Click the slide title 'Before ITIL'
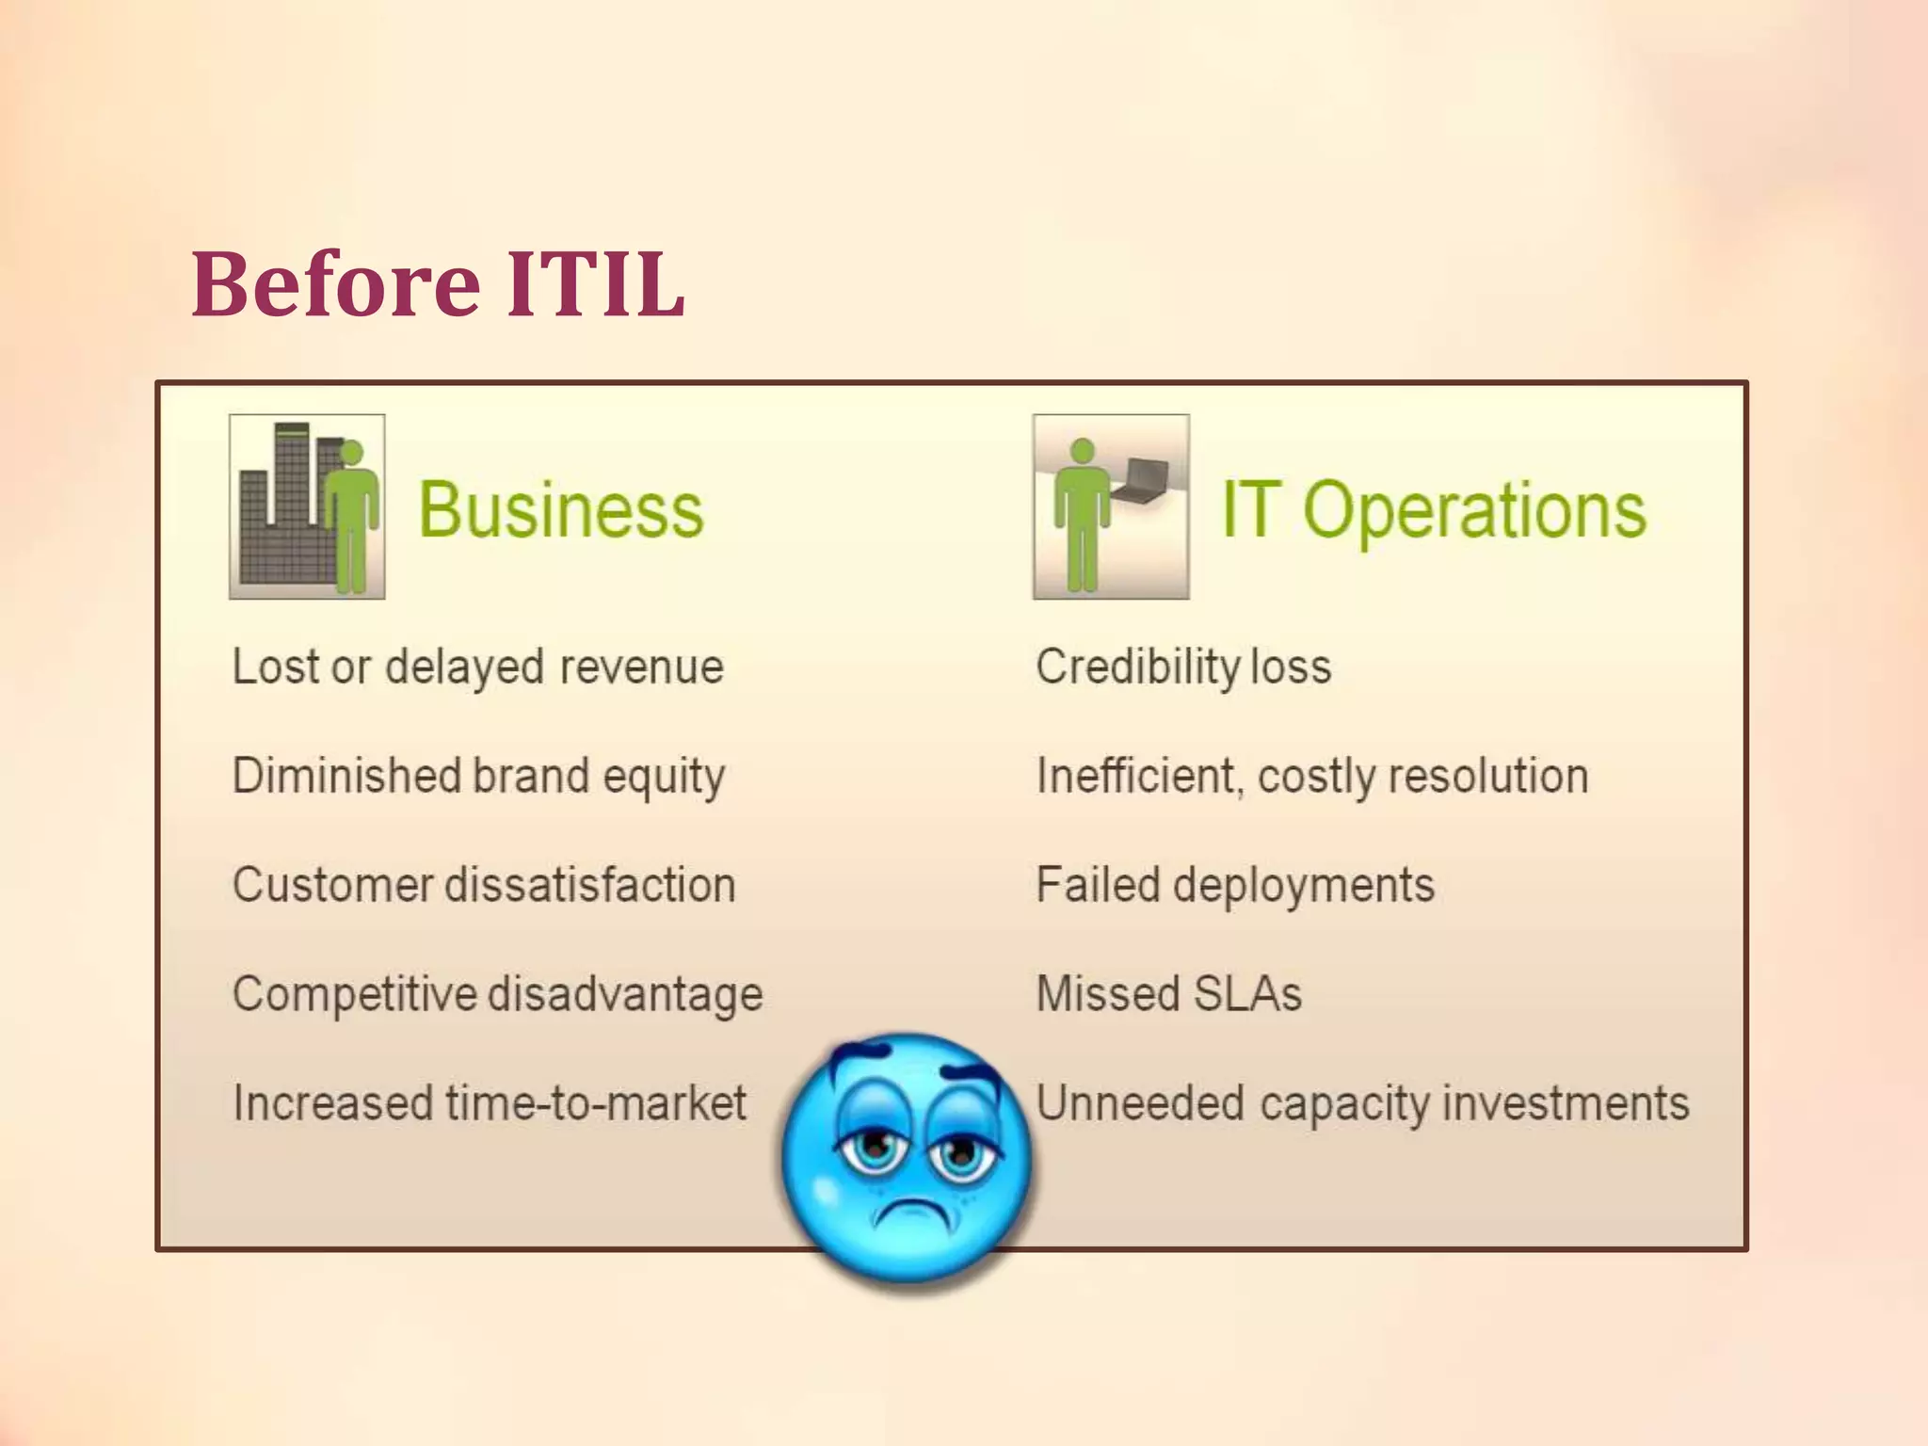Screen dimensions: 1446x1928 (x=438, y=283)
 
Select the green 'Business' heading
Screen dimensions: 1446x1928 (x=561, y=510)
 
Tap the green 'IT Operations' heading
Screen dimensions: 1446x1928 (x=1434, y=510)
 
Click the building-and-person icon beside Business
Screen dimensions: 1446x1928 (x=307, y=506)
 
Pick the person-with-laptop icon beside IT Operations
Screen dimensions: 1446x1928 (x=1111, y=506)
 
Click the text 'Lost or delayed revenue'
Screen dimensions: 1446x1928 (x=478, y=667)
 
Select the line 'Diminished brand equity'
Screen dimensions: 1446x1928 (x=478, y=777)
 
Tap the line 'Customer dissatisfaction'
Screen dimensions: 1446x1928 (x=484, y=886)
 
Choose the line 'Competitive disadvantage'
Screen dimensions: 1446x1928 (x=497, y=995)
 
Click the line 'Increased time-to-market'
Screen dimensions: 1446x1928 (x=490, y=1103)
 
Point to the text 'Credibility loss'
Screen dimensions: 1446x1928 (x=1183, y=667)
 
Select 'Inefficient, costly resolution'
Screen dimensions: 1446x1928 (x=1312, y=777)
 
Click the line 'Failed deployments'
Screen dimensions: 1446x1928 (x=1235, y=886)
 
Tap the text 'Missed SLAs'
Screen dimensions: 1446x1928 (x=1169, y=994)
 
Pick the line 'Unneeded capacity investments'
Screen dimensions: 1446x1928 (x=1362, y=1103)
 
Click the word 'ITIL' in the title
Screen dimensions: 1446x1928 (x=595, y=283)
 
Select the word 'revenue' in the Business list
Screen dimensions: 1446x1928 (x=642, y=667)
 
